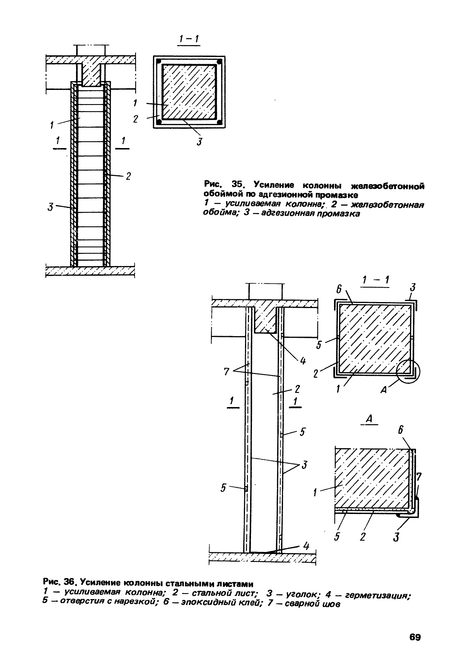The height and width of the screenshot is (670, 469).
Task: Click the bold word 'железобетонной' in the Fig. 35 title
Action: coord(387,186)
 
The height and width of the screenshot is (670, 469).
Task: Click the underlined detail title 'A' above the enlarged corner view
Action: coord(369,419)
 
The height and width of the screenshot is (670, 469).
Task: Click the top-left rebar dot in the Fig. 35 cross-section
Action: coord(159,62)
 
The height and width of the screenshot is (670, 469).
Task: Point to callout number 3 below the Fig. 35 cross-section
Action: coord(200,142)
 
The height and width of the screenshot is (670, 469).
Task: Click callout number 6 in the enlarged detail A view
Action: coord(401,430)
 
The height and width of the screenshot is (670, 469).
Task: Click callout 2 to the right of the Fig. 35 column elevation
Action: coord(128,176)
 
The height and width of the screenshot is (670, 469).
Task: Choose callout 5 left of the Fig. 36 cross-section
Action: coord(319,345)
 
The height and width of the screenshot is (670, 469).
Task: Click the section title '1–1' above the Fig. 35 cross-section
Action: coord(189,39)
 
